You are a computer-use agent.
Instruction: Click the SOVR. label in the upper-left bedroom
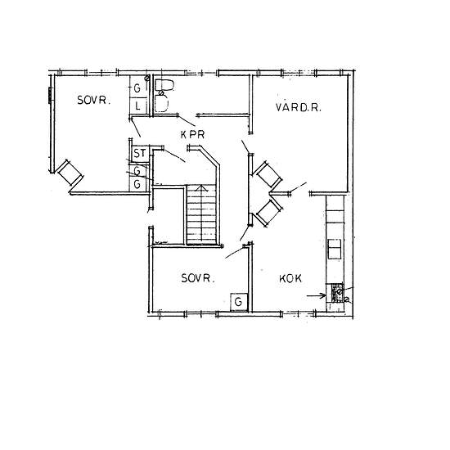(x=94, y=100)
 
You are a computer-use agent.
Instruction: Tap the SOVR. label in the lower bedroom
(x=198, y=278)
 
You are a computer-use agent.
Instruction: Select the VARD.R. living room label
(x=298, y=107)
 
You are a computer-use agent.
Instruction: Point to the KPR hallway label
(x=192, y=135)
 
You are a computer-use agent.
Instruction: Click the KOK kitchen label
(x=290, y=278)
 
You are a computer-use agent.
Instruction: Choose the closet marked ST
(x=140, y=154)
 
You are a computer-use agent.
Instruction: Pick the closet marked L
(x=138, y=106)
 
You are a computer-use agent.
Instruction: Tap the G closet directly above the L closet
(x=138, y=87)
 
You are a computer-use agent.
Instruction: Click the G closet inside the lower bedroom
(x=238, y=302)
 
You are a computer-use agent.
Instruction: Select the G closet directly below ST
(x=138, y=171)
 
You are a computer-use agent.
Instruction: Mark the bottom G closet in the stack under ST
(x=138, y=185)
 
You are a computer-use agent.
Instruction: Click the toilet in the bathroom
(x=164, y=86)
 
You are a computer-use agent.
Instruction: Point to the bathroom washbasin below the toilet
(x=161, y=103)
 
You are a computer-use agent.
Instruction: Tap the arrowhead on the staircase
(x=201, y=188)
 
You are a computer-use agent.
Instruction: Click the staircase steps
(x=201, y=214)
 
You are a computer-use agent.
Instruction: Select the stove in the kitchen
(x=337, y=293)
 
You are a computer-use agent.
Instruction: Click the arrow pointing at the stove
(x=317, y=295)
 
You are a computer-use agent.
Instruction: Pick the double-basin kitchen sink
(x=335, y=249)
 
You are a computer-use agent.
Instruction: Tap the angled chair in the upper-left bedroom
(x=70, y=173)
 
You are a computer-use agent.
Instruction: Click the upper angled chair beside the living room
(x=268, y=174)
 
